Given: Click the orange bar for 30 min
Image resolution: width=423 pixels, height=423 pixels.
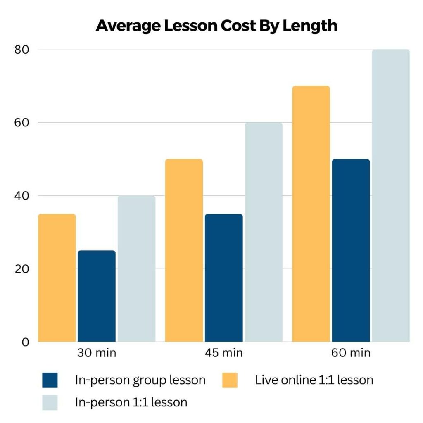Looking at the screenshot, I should (x=57, y=278).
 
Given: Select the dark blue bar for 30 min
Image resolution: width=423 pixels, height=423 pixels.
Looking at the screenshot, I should (x=97, y=296).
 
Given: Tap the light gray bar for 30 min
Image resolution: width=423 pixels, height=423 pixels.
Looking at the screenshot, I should (x=136, y=269).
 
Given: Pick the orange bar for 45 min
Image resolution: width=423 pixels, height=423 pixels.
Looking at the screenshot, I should (x=184, y=250).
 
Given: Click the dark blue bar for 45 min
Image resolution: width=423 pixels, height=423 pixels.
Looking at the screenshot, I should (x=223, y=278).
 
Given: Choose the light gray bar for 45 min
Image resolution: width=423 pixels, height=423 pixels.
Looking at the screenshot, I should (x=264, y=232).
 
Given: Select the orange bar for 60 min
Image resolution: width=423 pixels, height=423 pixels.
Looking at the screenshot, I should (x=311, y=214).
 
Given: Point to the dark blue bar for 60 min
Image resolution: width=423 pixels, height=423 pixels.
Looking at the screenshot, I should (x=351, y=250).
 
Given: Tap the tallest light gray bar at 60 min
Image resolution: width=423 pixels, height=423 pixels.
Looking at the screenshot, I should (x=391, y=196).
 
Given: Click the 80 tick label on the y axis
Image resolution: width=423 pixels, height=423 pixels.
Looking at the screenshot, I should (x=21, y=50).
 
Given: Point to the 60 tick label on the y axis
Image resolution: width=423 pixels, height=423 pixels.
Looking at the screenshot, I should (x=21, y=123).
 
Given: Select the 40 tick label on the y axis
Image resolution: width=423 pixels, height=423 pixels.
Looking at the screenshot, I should (x=21, y=196).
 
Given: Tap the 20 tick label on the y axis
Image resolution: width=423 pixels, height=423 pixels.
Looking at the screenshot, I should (x=21, y=269).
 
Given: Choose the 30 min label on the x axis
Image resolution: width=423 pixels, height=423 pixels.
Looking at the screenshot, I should (x=97, y=353).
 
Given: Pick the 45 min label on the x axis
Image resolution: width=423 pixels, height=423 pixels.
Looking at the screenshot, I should (x=223, y=353).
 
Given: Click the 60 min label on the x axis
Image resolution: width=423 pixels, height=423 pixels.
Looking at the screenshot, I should (x=351, y=353).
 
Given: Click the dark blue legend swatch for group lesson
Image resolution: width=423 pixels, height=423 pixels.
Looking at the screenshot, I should (x=50, y=380).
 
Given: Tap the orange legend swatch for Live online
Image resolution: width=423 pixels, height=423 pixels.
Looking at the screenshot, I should (x=230, y=380).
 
